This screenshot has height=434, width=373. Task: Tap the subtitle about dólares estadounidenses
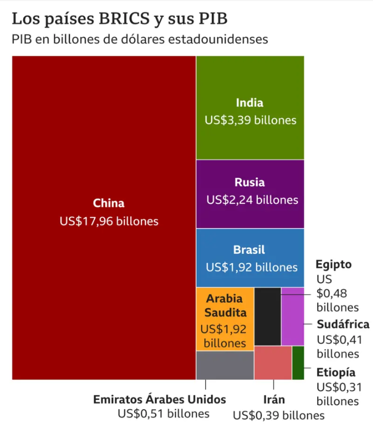click(x=139, y=39)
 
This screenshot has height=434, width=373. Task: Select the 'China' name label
click(x=108, y=203)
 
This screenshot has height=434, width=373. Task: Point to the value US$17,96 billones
click(x=108, y=221)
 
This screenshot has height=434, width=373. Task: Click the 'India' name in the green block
click(x=250, y=103)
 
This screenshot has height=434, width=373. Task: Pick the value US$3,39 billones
click(x=251, y=120)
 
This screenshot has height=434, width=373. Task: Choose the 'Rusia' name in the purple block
click(x=250, y=182)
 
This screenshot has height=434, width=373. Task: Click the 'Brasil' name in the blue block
click(x=249, y=250)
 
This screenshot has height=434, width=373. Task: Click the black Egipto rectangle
click(x=268, y=316)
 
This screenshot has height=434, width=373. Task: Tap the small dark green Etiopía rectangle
click(x=298, y=363)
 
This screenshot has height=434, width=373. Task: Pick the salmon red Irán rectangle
click(x=273, y=363)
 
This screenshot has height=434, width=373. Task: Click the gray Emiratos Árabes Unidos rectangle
click(x=225, y=365)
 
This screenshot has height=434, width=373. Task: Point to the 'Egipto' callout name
click(x=334, y=265)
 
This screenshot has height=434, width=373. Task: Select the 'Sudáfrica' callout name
click(x=343, y=325)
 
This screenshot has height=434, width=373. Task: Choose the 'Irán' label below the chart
click(x=274, y=399)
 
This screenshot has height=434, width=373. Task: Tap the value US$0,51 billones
click(x=163, y=413)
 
